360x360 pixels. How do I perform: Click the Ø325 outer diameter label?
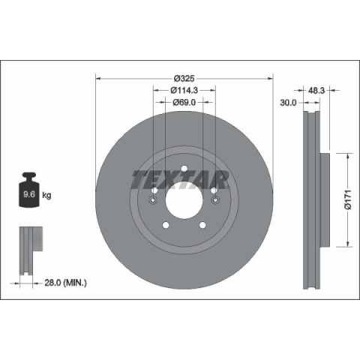pos(184,79)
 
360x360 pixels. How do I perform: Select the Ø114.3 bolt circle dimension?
pos(184,90)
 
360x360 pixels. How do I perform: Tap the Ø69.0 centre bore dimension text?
pos(184,102)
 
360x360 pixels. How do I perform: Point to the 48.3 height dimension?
pos(316,91)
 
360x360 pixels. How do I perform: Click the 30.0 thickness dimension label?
pos(288,103)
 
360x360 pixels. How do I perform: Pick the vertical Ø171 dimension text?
pos(348,199)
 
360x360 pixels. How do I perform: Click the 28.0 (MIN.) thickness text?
pos(65,283)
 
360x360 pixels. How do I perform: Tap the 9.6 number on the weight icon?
pos(29,194)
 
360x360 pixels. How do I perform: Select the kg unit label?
pos(46,195)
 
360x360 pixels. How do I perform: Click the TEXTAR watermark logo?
pos(180,179)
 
